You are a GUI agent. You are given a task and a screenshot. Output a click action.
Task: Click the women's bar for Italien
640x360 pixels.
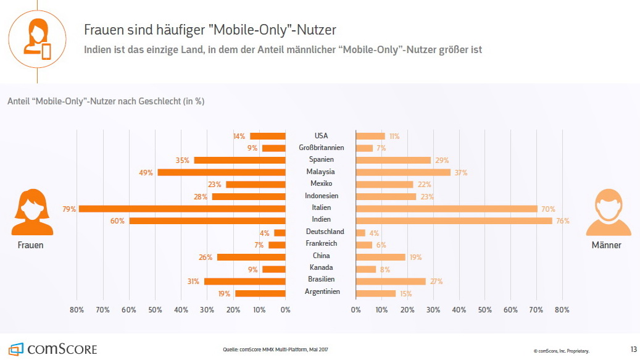coord(182,208)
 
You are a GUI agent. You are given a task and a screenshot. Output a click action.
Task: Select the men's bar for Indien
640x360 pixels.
coord(454,220)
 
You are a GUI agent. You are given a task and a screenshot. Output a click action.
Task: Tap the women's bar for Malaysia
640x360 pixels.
coord(221,172)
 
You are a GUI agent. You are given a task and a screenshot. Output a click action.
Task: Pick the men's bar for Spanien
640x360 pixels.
coord(393,160)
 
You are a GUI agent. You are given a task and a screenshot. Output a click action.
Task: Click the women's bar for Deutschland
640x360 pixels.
coord(280,233)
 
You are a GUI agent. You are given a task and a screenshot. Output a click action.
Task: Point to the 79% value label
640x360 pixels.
coord(69,209)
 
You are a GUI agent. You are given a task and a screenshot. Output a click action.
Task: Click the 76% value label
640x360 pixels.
coord(562,221)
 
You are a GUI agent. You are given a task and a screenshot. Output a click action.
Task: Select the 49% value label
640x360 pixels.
coord(146,173)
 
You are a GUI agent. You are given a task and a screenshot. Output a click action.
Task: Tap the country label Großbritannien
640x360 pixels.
coord(321,148)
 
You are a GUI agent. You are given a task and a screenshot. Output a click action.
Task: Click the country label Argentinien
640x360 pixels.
coord(322,291)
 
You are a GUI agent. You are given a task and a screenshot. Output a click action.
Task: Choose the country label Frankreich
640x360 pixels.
coord(321,243)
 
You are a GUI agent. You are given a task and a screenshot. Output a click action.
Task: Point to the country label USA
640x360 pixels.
coord(321,136)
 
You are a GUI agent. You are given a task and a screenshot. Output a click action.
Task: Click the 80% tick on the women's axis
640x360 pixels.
coord(77,309)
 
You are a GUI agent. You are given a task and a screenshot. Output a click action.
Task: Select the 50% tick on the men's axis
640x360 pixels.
coord(484,309)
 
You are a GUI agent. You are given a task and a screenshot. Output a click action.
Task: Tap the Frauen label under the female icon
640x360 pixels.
coord(31,245)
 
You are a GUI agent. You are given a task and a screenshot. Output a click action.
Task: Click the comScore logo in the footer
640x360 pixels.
coord(53,349)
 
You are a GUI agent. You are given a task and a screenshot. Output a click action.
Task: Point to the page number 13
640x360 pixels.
coord(633,350)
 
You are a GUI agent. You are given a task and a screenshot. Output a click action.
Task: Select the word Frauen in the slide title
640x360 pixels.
coord(104,30)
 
